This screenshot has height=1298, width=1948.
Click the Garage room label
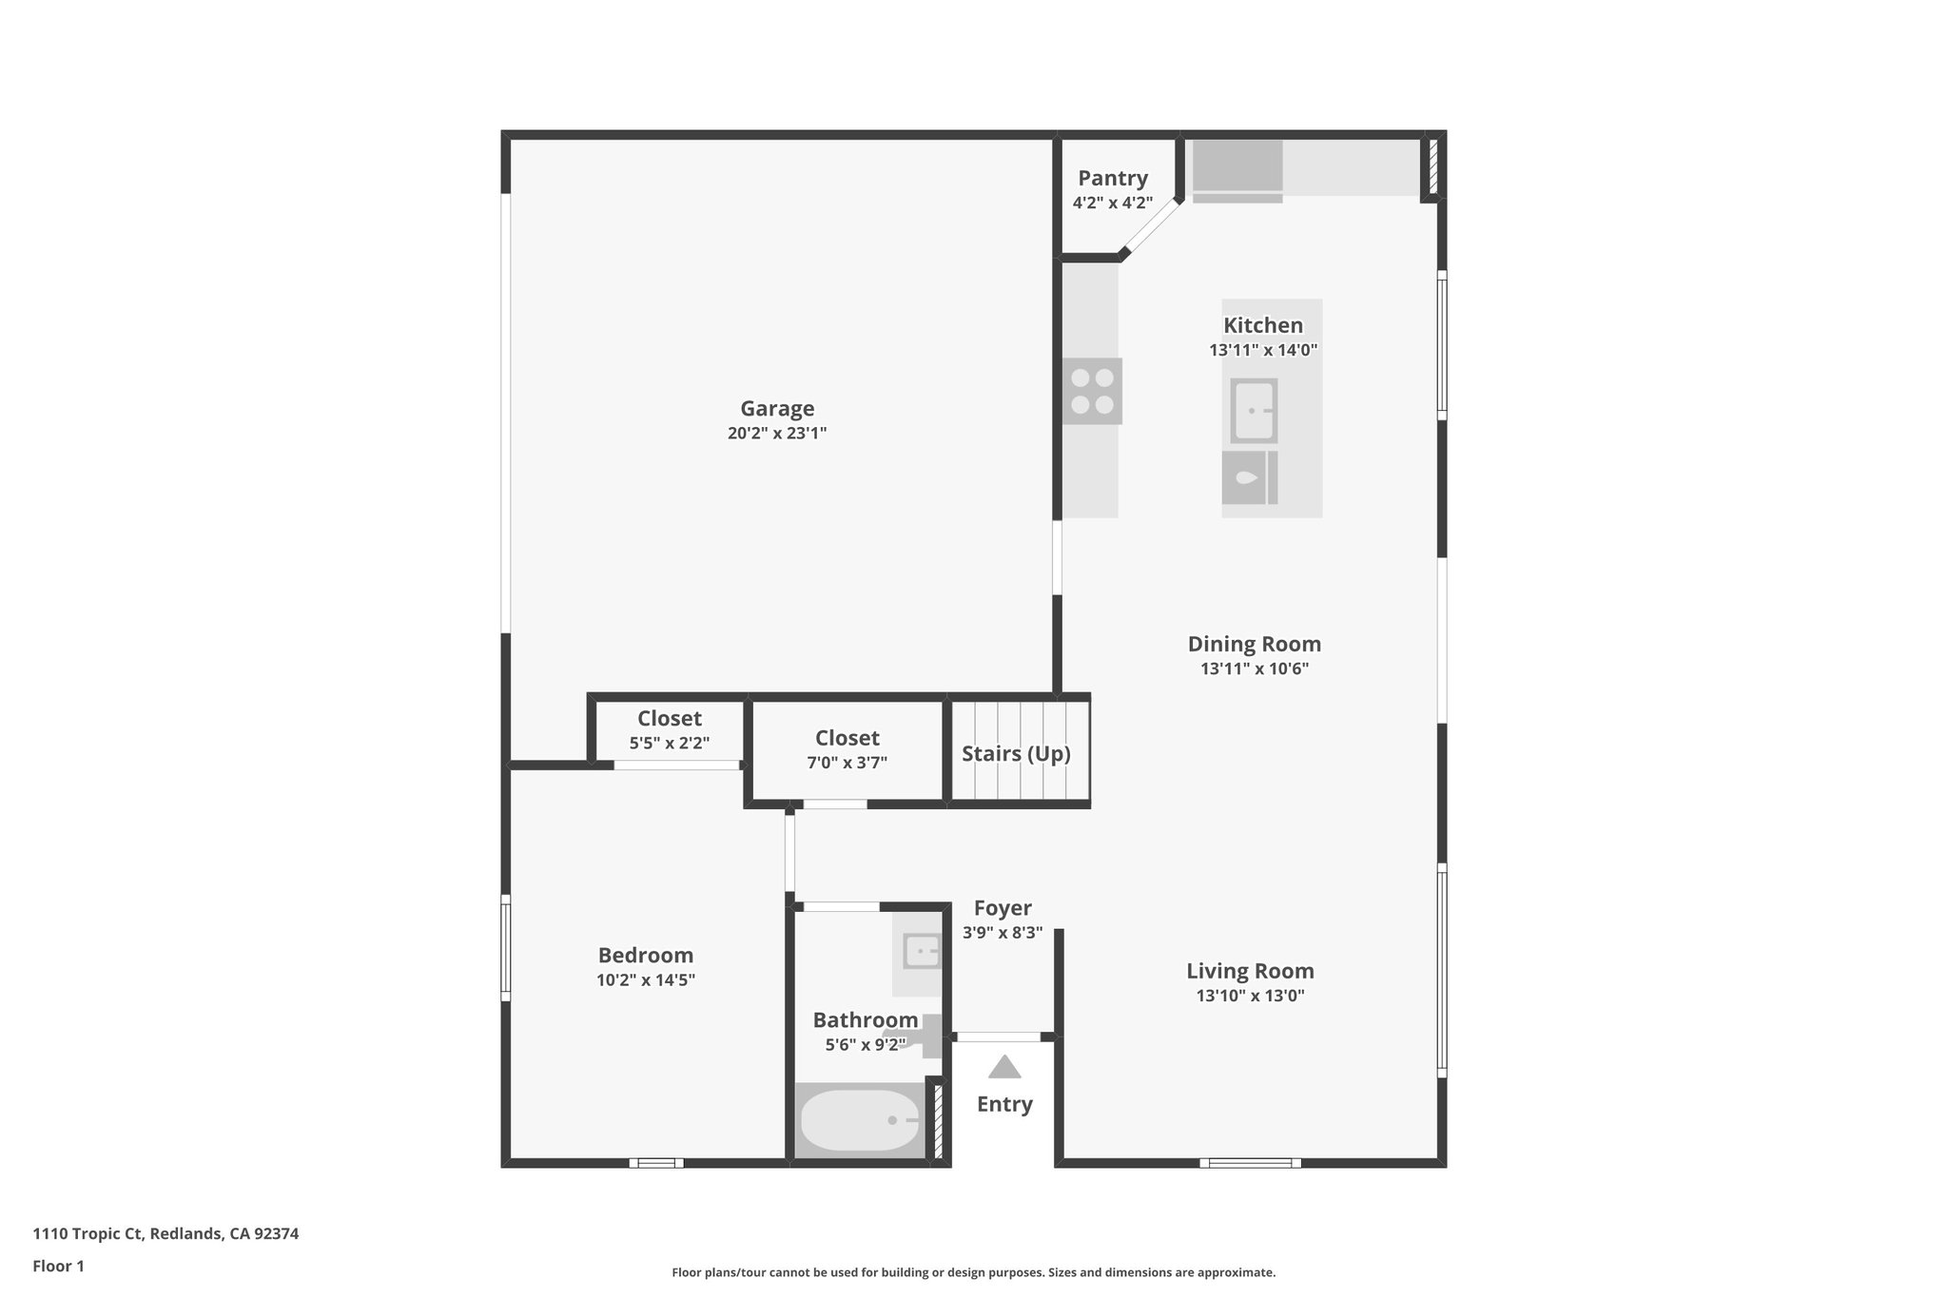pos(777,409)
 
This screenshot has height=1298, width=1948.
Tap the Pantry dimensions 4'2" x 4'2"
pos(1112,203)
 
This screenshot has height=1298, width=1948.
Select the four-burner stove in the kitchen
pos(1092,391)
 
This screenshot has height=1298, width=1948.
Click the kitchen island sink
pos(1254,411)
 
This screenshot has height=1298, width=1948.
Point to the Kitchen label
pos(1262,325)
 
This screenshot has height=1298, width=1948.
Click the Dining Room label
pos(1254,644)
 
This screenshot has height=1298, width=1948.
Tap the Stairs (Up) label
pos(1016,754)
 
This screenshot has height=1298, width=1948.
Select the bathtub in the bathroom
pos(860,1120)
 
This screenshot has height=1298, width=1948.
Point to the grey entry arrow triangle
pos(1004,1068)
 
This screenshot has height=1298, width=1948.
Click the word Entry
pos(1004,1104)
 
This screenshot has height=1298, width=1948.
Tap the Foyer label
pos(1003,908)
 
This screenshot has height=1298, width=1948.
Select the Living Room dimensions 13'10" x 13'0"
pos(1250,996)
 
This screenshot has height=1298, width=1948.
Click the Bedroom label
pos(645,956)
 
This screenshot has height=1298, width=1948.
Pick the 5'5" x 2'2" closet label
pos(670,743)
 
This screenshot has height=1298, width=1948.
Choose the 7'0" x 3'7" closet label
pos(847,762)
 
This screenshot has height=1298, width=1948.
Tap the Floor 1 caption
pos(58,1266)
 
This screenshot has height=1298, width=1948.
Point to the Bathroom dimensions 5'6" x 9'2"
pos(865,1044)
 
